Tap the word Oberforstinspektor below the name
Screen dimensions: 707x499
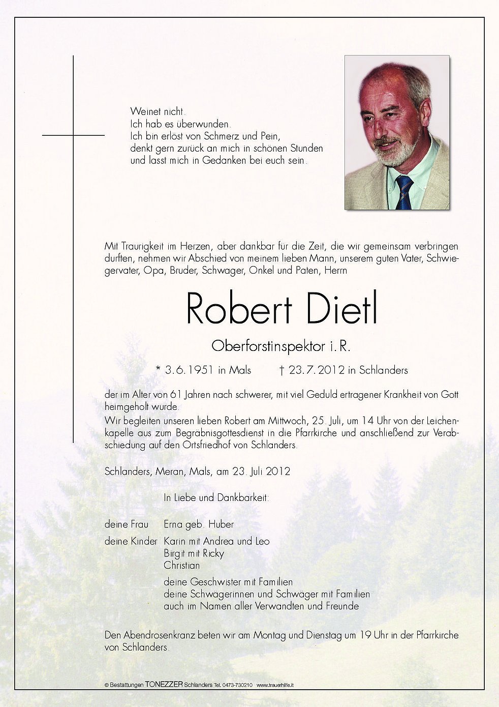[x=268, y=346]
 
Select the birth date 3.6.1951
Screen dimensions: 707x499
[x=189, y=370]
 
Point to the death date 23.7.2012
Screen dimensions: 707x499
[x=317, y=370]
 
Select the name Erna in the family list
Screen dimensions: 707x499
[x=174, y=524]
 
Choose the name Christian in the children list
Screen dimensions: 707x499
[x=181, y=565]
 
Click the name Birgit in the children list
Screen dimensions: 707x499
[x=174, y=553]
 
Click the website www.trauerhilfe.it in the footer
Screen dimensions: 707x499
[x=276, y=685]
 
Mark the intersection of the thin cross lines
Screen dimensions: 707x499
[x=74, y=135]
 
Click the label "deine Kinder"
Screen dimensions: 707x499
[x=131, y=541]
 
